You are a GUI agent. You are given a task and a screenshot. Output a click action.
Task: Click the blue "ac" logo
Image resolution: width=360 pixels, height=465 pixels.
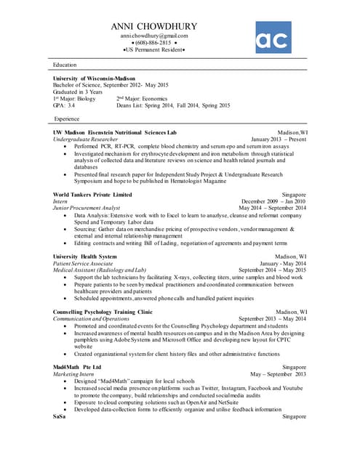273,37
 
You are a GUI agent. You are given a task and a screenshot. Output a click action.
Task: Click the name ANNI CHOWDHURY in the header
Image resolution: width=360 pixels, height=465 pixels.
154,26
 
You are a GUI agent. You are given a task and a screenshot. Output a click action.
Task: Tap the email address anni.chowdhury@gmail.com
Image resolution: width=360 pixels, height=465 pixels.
154,36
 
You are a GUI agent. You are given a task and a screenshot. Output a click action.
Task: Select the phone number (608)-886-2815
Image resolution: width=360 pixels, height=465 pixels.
154,43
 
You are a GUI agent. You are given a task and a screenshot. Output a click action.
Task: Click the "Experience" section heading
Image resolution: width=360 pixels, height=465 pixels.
67,118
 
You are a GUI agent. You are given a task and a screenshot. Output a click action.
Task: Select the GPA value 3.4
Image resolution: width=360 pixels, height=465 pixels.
71,105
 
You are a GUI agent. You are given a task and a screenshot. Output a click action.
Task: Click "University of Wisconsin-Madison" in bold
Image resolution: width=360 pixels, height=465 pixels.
94,78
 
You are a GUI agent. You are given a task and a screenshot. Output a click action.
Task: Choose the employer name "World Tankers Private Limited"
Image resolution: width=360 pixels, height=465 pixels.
92,195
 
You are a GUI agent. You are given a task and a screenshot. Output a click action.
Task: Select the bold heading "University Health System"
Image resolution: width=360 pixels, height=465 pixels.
84,256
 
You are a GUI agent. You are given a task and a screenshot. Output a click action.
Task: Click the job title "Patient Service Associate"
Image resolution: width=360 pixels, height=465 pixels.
83,263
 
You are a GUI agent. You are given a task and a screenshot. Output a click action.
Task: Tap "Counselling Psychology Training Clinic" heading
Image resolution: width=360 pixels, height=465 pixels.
102,312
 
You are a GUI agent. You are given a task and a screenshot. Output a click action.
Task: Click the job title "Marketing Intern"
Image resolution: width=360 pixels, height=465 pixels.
73,374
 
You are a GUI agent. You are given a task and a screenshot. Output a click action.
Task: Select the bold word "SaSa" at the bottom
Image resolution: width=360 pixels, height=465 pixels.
60,416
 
